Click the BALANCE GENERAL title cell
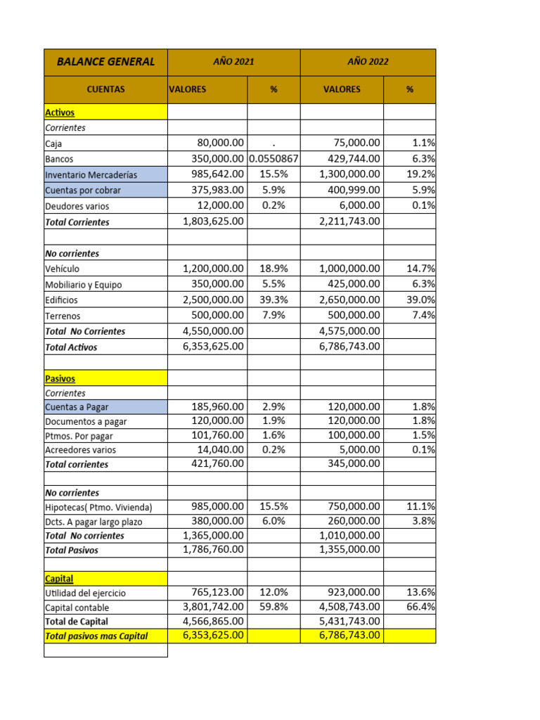(105, 62)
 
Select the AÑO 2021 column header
(233, 62)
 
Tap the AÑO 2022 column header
(368, 62)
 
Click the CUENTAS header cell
(105, 89)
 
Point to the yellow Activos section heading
(60, 112)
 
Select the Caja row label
(53, 143)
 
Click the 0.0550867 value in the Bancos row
(274, 159)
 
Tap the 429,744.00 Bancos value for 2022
(350, 159)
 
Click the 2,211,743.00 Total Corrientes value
(349, 221)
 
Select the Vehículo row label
(62, 269)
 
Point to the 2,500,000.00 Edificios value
(213, 300)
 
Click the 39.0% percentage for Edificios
(420, 300)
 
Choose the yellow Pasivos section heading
(60, 378)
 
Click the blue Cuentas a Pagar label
(77, 407)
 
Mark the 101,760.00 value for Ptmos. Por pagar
(217, 435)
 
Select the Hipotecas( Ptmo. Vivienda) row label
(98, 507)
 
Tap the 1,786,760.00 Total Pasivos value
(213, 550)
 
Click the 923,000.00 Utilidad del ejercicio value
(354, 593)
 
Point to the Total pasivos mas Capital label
(96, 636)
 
